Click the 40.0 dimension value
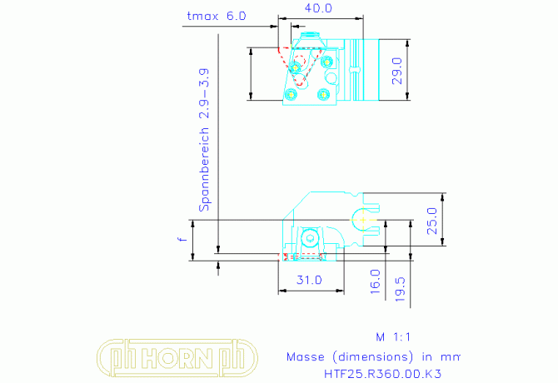point(318,8)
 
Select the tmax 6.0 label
point(217,16)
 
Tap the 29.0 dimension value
point(396,71)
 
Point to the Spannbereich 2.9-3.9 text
point(204,140)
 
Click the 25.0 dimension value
point(432,221)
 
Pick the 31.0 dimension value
point(309,280)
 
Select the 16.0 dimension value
point(375,281)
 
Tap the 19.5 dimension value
point(400,290)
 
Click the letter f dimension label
point(182,239)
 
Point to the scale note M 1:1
point(393,336)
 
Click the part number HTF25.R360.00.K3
point(382,374)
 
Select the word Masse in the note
point(306,356)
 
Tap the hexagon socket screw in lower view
point(310,238)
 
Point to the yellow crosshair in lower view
point(363,220)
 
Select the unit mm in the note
point(451,357)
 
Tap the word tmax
point(202,16)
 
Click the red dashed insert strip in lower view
point(303,257)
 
